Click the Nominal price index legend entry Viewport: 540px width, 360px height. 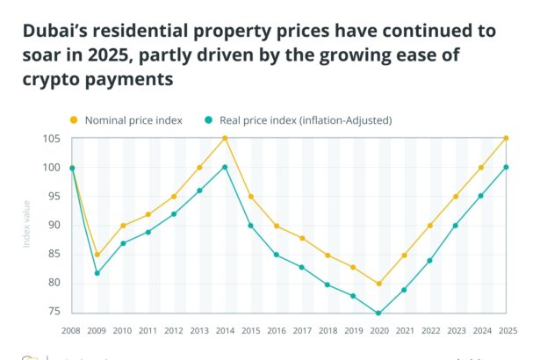pyautogui.click(x=131, y=119)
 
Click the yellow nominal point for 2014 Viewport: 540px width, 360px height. pyautogui.click(x=225, y=138)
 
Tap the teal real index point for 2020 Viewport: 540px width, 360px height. pyautogui.click(x=378, y=313)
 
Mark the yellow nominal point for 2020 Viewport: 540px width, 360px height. pyautogui.click(x=378, y=284)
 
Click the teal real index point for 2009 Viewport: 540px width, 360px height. pyautogui.click(x=97, y=273)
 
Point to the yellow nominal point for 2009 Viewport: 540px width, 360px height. pyautogui.click(x=97, y=255)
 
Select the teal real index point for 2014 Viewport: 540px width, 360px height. pyautogui.click(x=225, y=167)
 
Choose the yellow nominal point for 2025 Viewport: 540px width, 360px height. pyautogui.click(x=507, y=138)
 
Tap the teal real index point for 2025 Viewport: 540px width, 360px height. pyautogui.click(x=507, y=167)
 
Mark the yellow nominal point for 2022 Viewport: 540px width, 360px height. pyautogui.click(x=430, y=226)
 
